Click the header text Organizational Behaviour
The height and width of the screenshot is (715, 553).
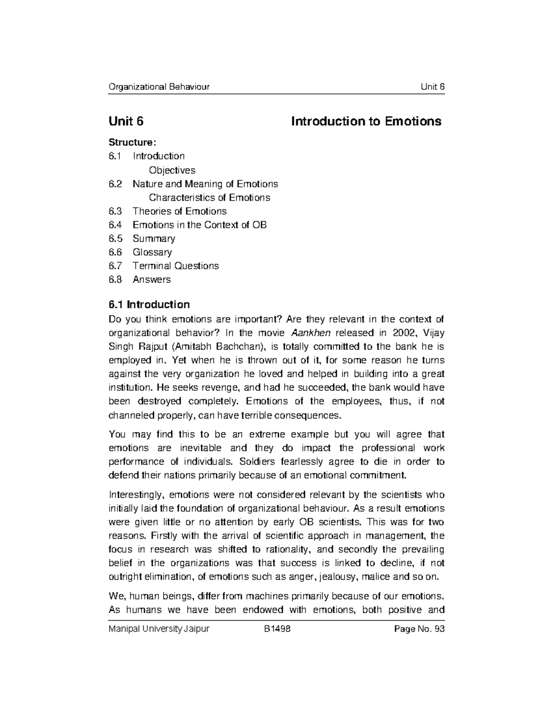(159, 87)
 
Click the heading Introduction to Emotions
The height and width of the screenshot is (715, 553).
(366, 121)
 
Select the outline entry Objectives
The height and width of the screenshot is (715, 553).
(172, 170)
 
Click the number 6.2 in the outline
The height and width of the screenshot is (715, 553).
(116, 184)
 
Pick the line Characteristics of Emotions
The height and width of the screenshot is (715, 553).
(209, 198)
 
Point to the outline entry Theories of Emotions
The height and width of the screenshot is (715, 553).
(180, 211)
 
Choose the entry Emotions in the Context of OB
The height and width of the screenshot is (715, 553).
(200, 225)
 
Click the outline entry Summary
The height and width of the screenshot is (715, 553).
(154, 238)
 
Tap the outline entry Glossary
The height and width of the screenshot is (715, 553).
(152, 252)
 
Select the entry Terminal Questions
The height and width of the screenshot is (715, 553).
(176, 266)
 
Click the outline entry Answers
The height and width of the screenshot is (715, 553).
(152, 279)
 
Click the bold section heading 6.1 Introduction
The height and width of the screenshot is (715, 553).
(149, 304)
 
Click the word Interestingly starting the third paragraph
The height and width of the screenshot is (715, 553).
(136, 495)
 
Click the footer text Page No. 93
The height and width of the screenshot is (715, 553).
(417, 629)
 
